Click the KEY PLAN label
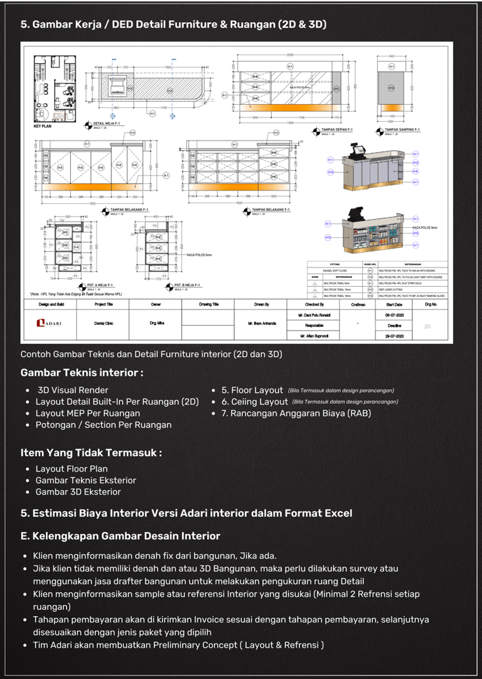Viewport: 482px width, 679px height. click(x=43, y=127)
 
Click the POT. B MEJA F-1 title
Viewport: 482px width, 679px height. click(x=188, y=285)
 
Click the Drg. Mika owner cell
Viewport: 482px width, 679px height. click(x=156, y=323)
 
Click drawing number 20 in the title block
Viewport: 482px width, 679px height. click(x=427, y=326)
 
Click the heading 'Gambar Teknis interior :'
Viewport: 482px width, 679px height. click(x=82, y=373)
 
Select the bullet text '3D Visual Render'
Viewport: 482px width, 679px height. click(x=73, y=390)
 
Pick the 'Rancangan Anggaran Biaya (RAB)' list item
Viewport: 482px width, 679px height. click(x=300, y=414)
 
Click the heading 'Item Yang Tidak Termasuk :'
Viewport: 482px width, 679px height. click(x=91, y=452)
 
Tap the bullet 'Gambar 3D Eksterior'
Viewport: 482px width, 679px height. click(x=78, y=492)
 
